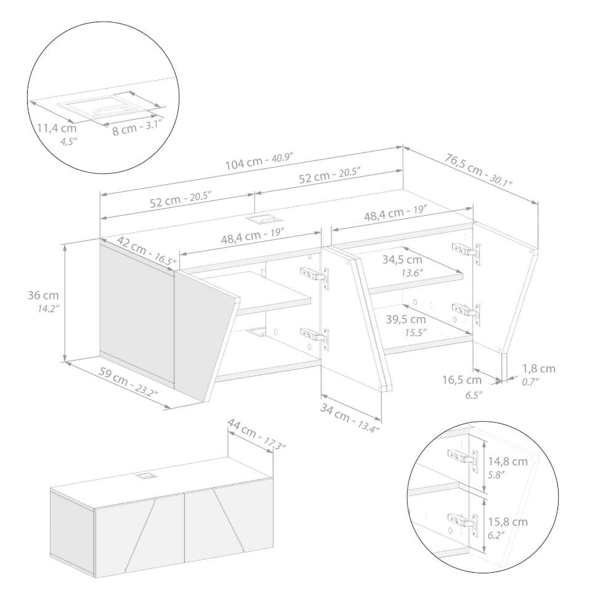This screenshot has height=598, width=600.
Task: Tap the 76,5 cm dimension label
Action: coord(478,170)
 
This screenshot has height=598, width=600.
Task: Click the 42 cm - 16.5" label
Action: coord(147,251)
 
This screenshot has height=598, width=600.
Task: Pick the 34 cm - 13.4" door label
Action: coord(350,418)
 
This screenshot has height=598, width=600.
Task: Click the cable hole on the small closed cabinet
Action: coord(144,476)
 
